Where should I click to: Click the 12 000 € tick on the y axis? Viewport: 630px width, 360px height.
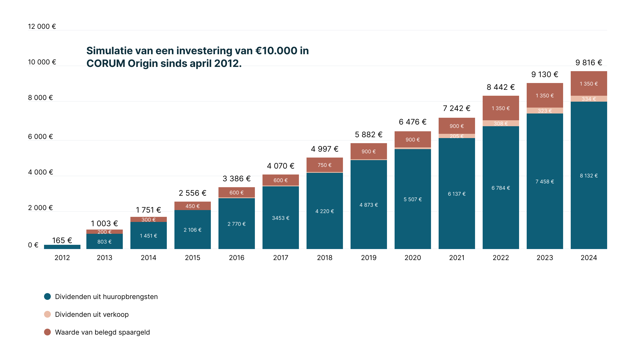(42, 27)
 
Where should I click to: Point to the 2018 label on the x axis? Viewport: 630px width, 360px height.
(325, 258)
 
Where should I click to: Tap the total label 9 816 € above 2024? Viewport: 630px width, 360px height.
(589, 63)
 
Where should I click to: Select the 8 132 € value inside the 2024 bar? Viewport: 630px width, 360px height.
(589, 176)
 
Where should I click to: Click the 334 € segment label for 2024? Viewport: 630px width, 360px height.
(589, 99)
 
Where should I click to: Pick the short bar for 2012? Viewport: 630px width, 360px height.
(62, 247)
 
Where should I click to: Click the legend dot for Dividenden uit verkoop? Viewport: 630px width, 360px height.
(47, 314)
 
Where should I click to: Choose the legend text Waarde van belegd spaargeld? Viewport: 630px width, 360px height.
(102, 332)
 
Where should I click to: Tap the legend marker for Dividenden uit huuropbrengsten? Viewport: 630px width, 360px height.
(47, 296)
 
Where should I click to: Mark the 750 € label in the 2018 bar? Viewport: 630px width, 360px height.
(325, 165)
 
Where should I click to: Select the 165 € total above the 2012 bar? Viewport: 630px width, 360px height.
(62, 241)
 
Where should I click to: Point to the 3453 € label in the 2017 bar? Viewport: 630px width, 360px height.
(281, 218)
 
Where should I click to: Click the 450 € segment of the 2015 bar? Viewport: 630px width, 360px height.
(193, 206)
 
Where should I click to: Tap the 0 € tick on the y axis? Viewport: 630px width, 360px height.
(33, 245)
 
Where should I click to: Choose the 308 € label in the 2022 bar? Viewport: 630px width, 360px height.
(501, 123)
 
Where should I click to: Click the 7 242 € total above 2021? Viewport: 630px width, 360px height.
(457, 108)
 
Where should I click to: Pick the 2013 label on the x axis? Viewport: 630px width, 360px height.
(104, 258)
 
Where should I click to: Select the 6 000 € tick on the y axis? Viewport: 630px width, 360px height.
(40, 137)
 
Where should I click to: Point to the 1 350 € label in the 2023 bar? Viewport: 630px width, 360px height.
(545, 96)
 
